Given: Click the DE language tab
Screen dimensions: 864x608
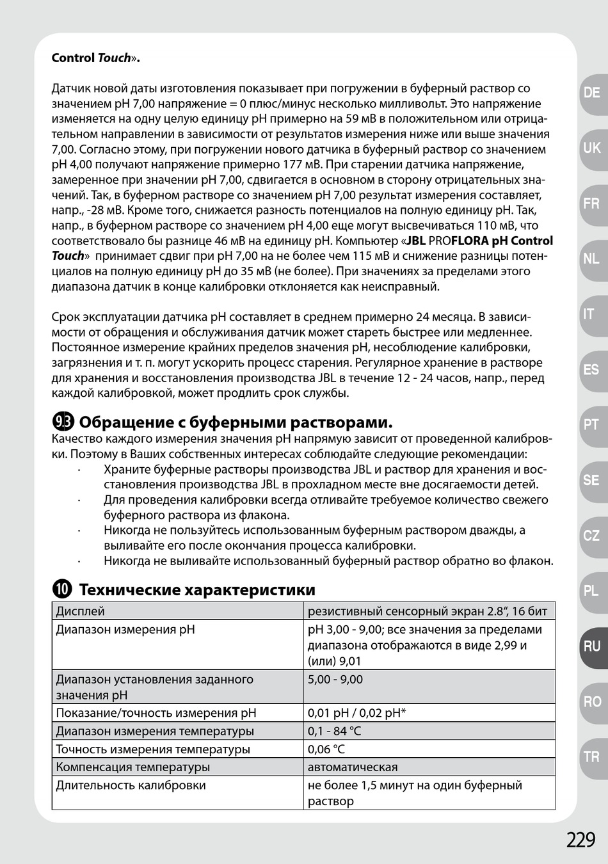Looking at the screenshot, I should click(592, 93).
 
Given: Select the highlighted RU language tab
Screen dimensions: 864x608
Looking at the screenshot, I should click(592, 646).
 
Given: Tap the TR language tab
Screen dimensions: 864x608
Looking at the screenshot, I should click(592, 757).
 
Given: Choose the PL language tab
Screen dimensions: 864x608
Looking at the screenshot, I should click(592, 591).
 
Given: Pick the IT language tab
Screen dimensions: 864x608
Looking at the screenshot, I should click(589, 314).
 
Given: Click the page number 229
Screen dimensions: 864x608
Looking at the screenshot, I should click(580, 839).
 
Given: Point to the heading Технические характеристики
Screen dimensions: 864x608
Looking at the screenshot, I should click(196, 589).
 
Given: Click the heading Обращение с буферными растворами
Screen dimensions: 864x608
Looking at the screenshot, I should click(235, 422).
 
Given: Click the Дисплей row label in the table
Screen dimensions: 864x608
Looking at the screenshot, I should click(80, 611).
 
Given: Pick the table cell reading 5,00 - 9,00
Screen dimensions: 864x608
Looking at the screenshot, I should click(335, 679).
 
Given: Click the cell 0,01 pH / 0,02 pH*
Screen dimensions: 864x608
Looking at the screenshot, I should click(356, 713).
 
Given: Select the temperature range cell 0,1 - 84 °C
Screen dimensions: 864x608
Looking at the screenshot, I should click(334, 731).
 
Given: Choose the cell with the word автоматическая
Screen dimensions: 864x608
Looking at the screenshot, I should click(353, 767).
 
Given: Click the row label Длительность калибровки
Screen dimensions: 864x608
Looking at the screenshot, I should click(131, 785).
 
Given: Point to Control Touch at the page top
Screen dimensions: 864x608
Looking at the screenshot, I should click(95, 58).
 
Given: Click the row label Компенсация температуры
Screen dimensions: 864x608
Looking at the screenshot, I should click(132, 767).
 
